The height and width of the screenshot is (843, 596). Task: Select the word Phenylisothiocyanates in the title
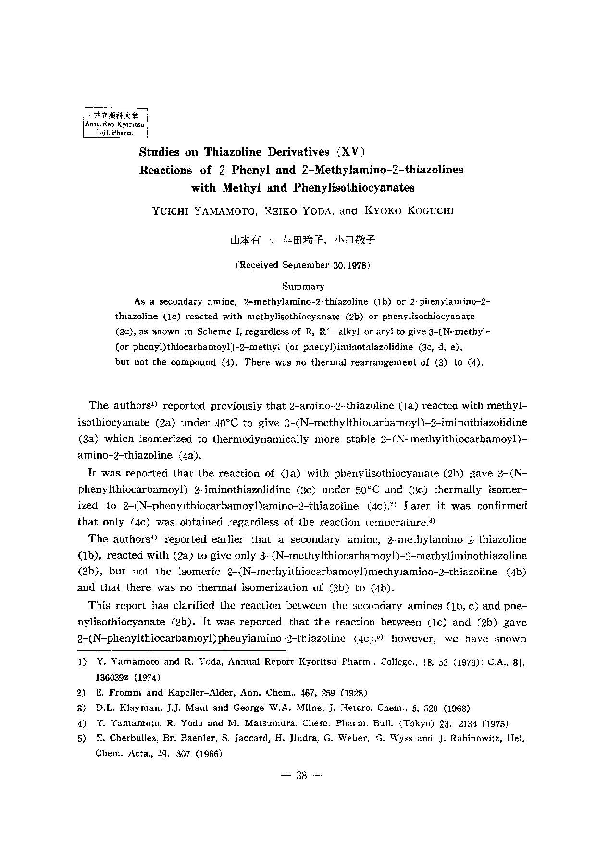(353, 187)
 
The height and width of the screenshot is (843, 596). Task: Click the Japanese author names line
(302, 241)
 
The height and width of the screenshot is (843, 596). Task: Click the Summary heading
(303, 286)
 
